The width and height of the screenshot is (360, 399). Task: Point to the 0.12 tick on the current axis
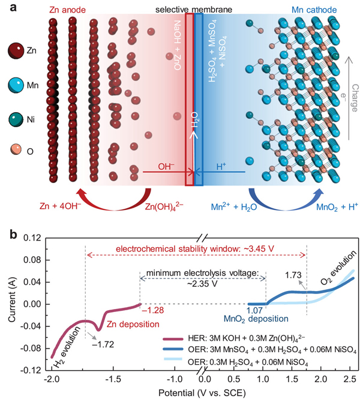point(30,238)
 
